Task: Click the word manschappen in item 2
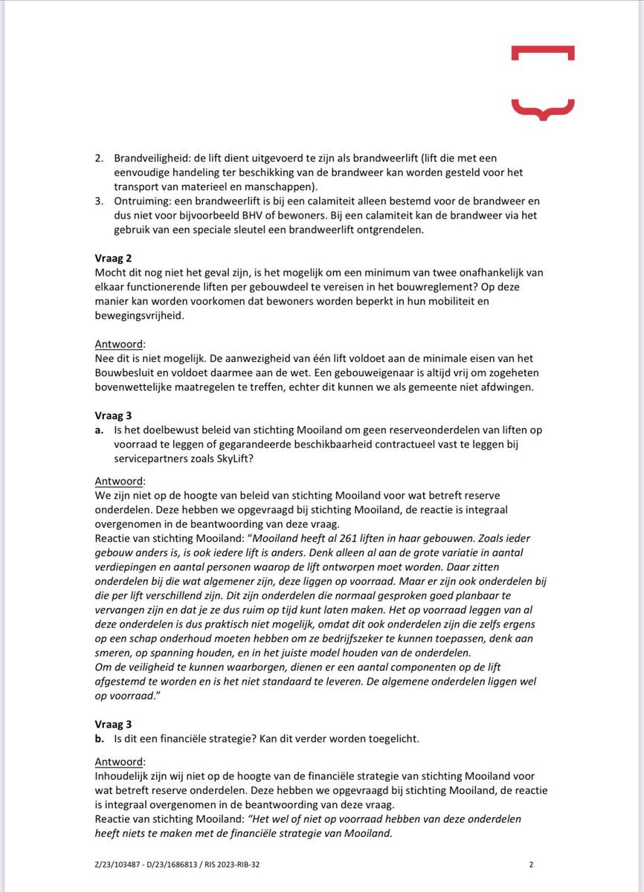261,186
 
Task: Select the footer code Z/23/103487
123,864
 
